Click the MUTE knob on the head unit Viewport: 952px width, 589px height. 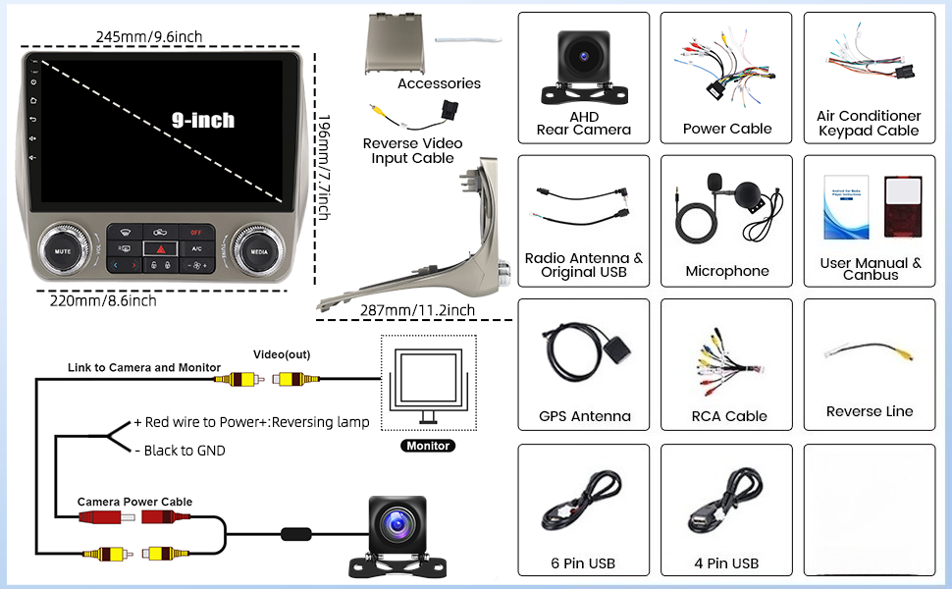pos(63,249)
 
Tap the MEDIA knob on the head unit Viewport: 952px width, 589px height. pos(260,249)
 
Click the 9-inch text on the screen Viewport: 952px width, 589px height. pos(203,120)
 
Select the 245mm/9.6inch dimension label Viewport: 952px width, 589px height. pos(149,36)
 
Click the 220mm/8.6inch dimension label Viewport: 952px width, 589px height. pos(103,300)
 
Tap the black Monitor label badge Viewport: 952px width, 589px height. pos(427,446)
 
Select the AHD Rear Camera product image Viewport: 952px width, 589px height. pos(584,65)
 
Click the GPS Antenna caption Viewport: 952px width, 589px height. pos(585,416)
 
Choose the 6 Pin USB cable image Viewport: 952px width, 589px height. pos(583,503)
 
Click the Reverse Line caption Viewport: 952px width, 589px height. pos(870,411)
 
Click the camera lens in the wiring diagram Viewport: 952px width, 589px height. pos(397,524)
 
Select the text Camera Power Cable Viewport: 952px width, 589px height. pos(135,502)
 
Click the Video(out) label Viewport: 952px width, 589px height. pos(283,354)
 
